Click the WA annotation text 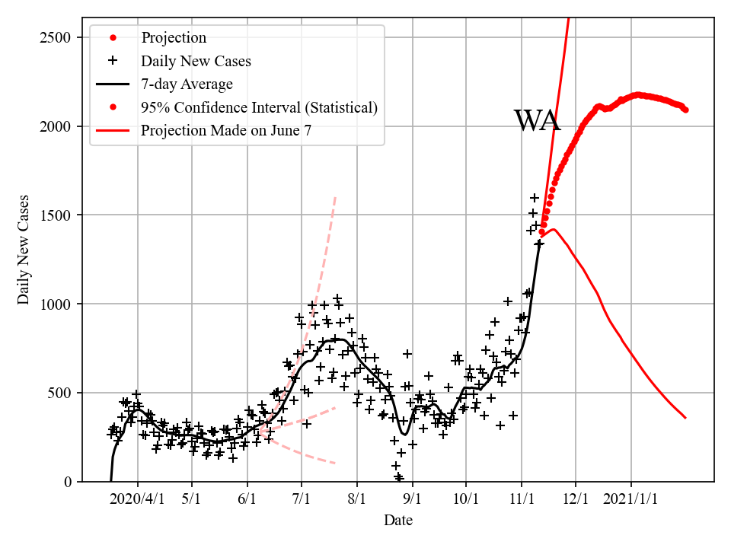click(x=538, y=122)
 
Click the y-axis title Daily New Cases click(x=24, y=250)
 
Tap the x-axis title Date click(x=398, y=521)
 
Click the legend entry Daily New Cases click(x=196, y=61)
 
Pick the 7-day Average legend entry click(x=187, y=84)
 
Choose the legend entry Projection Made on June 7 click(x=225, y=130)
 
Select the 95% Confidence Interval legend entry click(x=259, y=107)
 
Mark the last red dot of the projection click(x=685, y=110)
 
